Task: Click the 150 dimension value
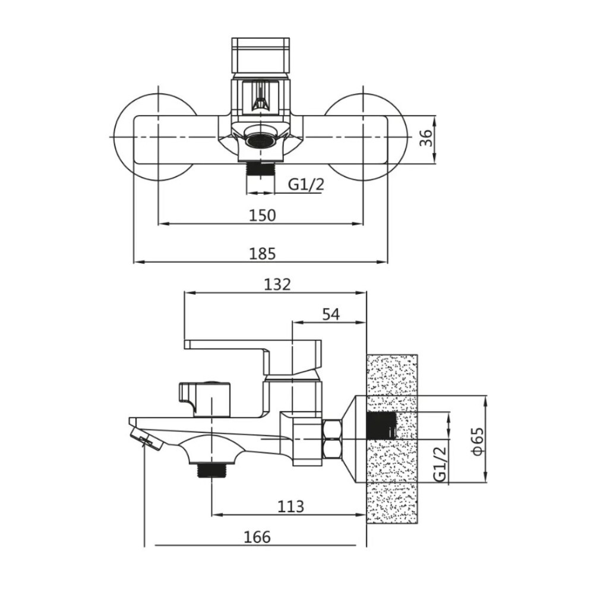coord(262,215)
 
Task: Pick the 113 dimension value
coord(290,506)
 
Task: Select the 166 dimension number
coord(257,537)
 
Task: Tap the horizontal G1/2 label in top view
coord(306,185)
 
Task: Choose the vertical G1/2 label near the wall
coord(440,465)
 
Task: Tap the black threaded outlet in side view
coord(211,472)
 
